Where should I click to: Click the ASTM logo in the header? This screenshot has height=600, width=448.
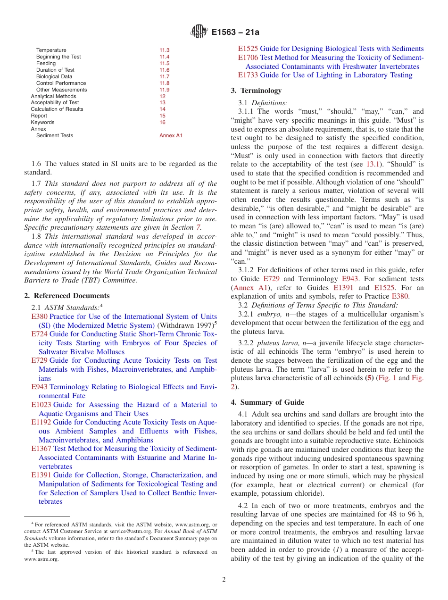(199, 32)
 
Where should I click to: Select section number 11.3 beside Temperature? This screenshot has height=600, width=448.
(164, 50)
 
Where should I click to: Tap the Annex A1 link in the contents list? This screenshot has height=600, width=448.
(171, 135)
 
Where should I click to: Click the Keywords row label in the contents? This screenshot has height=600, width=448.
(42, 122)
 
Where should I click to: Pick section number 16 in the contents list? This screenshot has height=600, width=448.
(162, 122)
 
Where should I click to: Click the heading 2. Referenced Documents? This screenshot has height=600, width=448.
(66, 296)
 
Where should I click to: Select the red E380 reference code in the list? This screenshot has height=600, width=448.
(39, 317)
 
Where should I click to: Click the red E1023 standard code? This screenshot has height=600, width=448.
(41, 405)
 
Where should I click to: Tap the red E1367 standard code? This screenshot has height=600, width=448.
(41, 449)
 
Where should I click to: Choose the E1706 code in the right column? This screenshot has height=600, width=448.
(248, 58)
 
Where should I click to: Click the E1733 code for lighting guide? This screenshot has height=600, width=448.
(248, 75)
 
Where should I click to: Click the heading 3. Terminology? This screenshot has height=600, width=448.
(256, 90)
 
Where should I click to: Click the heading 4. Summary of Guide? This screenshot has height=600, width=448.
(267, 402)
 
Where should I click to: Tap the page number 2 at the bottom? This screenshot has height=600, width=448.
(224, 580)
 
